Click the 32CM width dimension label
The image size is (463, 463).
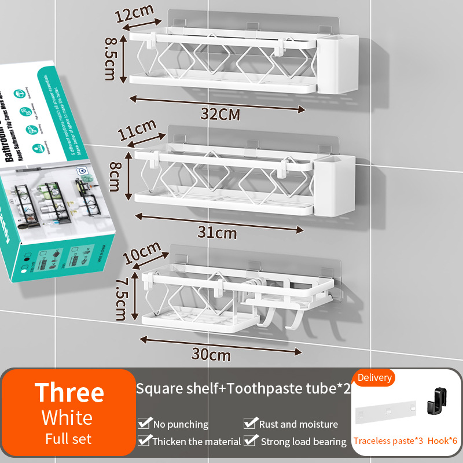(220, 113)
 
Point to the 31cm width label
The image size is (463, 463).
(218, 233)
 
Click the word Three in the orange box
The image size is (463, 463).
(69, 393)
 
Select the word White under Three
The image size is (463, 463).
(67, 418)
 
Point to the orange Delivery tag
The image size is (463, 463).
(374, 378)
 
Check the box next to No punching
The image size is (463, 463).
(144, 424)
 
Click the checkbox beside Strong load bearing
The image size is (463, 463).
(250, 442)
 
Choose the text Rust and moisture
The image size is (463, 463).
(299, 424)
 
